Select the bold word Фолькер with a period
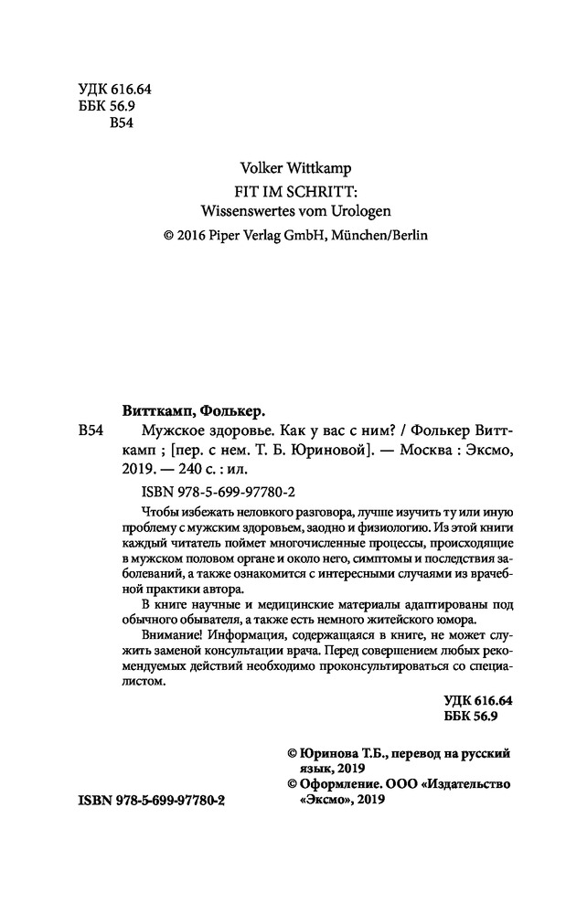click(x=233, y=410)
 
